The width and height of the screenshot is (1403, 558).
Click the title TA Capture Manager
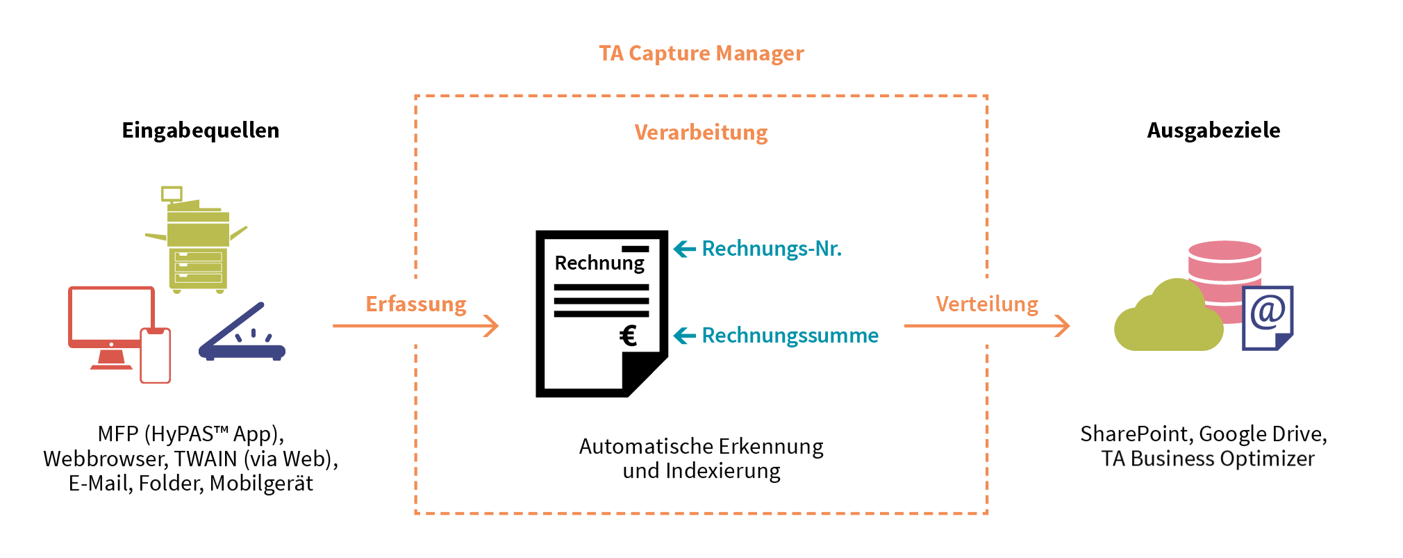pyautogui.click(x=701, y=54)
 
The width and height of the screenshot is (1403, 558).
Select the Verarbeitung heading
pyautogui.click(x=701, y=133)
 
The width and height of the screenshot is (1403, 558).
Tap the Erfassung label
pyautogui.click(x=415, y=304)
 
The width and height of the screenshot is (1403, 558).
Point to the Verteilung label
pyautogui.click(x=986, y=304)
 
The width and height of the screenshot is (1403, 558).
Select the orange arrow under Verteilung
pyautogui.click(x=986, y=325)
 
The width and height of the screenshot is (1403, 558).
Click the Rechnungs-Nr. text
pyautogui.click(x=771, y=249)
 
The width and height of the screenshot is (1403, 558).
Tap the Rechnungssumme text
pyautogui.click(x=790, y=336)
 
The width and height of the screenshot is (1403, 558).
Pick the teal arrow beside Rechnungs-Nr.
pyautogui.click(x=684, y=249)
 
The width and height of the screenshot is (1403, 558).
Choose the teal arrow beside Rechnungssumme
pyautogui.click(x=684, y=336)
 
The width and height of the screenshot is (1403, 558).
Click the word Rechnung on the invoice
pyautogui.click(x=599, y=263)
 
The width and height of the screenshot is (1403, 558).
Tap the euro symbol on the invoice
pyautogui.click(x=628, y=336)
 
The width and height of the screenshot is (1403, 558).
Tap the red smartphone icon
pyautogui.click(x=156, y=356)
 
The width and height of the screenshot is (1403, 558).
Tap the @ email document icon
pyautogui.click(x=1268, y=318)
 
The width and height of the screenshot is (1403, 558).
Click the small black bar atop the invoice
pyautogui.click(x=635, y=249)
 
